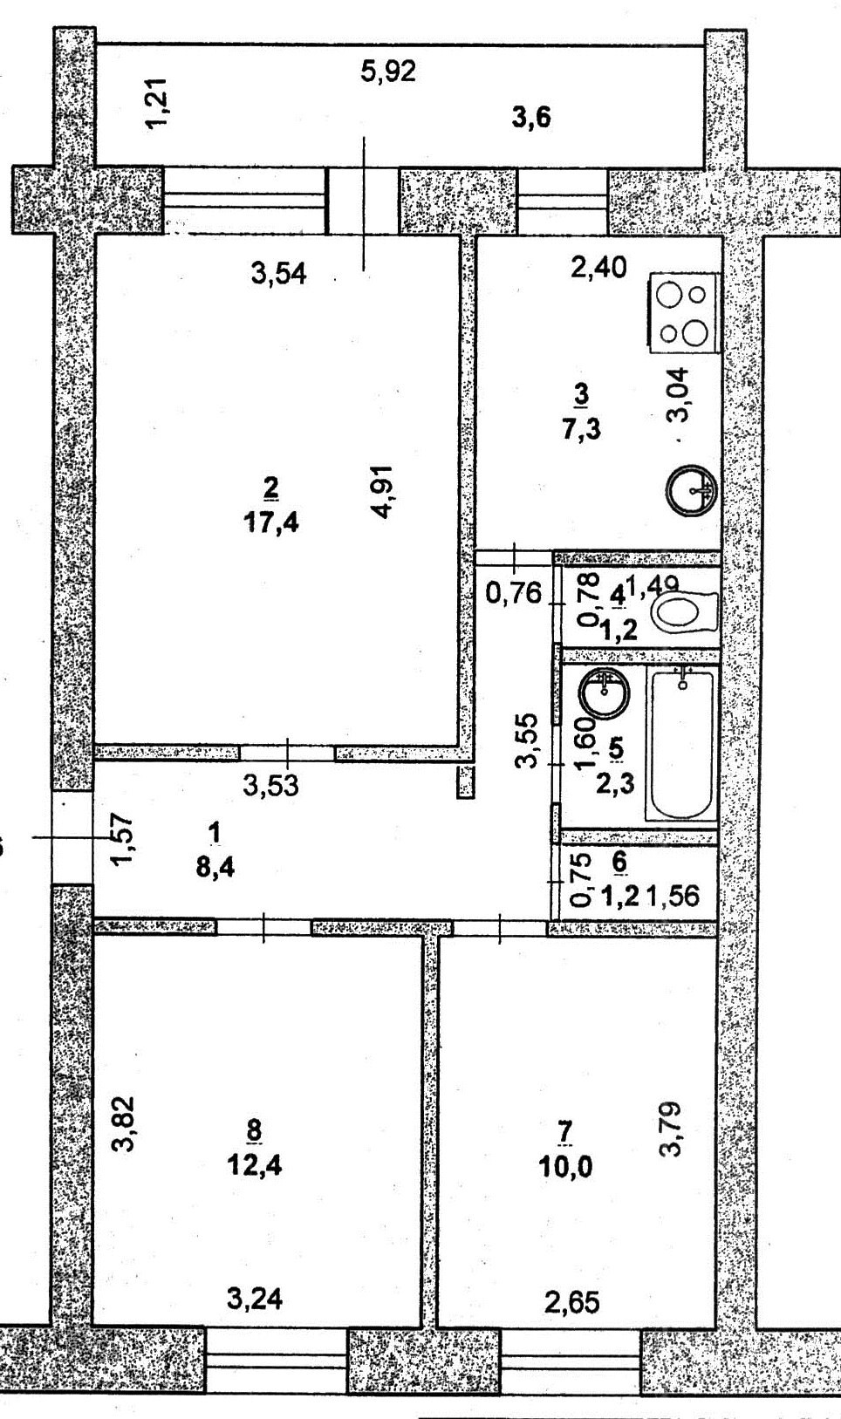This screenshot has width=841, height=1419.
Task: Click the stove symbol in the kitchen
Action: point(684,314)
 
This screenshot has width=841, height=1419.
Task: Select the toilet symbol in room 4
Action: point(684,612)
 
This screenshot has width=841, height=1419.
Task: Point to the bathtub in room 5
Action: point(680,743)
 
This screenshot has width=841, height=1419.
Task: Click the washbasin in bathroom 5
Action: point(603,694)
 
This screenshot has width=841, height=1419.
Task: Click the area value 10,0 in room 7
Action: point(565,1165)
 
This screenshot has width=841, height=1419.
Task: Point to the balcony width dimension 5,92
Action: point(388,72)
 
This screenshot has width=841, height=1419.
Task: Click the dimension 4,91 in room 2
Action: point(384,493)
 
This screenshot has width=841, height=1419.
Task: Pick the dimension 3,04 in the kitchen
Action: point(678,395)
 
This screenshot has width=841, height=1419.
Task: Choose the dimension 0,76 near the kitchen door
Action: point(514,594)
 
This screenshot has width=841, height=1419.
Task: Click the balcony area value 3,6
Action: point(531,117)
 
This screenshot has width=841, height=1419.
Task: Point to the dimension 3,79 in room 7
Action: point(674,1129)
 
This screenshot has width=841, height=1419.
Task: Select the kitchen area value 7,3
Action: point(583,429)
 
